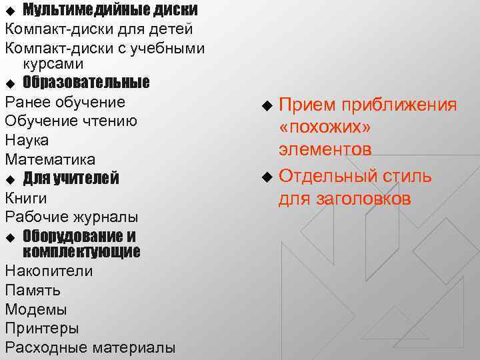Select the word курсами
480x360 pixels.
click(x=53, y=65)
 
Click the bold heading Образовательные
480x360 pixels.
click(x=86, y=82)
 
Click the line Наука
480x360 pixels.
click(x=25, y=141)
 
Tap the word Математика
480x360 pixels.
click(x=50, y=160)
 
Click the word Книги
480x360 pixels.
click(x=26, y=198)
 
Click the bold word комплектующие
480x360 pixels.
click(x=81, y=252)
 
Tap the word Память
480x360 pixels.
click(x=33, y=291)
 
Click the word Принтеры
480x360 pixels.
click(x=42, y=329)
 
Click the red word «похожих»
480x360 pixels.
click(x=325, y=127)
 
